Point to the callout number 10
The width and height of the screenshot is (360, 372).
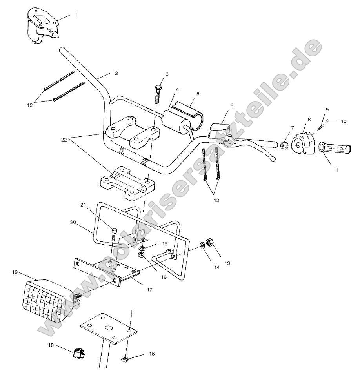[x=344, y=122]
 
